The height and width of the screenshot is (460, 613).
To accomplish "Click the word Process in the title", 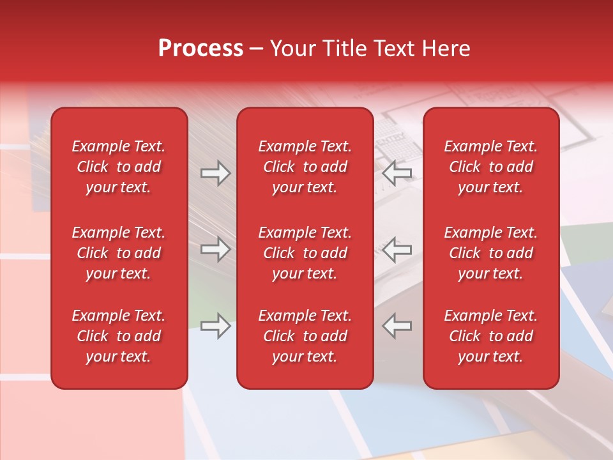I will (x=201, y=49).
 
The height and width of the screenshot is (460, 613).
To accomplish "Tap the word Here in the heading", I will (x=446, y=49).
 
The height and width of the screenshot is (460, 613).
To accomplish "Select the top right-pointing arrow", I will (x=215, y=173).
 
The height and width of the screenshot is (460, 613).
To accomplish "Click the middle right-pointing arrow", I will (x=215, y=249).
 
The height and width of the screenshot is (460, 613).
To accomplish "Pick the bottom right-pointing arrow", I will (x=215, y=325).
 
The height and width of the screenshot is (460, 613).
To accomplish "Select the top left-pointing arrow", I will (x=397, y=173).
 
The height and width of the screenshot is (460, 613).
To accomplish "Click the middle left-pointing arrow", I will (x=397, y=249).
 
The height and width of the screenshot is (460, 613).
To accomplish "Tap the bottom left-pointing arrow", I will (x=397, y=325).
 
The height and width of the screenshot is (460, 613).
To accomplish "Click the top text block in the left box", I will (x=119, y=167).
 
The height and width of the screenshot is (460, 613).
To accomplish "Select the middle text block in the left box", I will (x=119, y=253).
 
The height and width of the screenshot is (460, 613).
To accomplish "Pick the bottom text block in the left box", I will (x=119, y=336).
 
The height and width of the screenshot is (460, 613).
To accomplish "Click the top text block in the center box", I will (x=305, y=167).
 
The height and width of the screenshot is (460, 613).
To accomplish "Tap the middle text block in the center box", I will (x=305, y=253).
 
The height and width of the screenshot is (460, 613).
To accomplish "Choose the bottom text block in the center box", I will (x=305, y=336).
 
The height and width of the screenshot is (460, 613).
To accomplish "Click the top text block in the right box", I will (x=491, y=167).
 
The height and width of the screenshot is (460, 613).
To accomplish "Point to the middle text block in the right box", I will (x=491, y=253).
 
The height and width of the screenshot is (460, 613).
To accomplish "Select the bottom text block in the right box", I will (x=491, y=336).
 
